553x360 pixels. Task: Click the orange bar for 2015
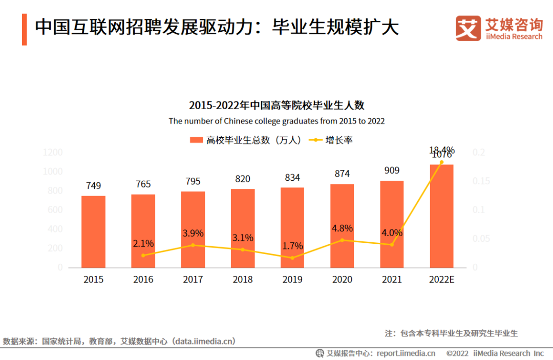[93, 231]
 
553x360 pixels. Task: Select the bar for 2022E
[441, 216]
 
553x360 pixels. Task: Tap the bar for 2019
[292, 227]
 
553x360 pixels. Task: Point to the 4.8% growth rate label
[343, 228]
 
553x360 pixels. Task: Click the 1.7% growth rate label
[292, 246]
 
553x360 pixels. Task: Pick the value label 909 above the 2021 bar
[392, 171]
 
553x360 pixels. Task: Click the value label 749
[93, 185]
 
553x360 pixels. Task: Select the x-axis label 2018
[243, 280]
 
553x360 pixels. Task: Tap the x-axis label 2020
[342, 280]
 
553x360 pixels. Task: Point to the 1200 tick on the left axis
[53, 153]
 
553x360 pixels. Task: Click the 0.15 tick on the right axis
[481, 181]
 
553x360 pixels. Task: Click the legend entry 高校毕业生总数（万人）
[246, 140]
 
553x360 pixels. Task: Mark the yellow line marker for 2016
[143, 255]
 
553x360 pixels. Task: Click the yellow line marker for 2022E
[441, 162]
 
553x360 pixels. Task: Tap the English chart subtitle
[276, 121]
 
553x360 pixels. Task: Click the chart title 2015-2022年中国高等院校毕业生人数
[276, 105]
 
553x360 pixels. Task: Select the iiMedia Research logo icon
[468, 29]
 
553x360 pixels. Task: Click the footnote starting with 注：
[451, 333]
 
